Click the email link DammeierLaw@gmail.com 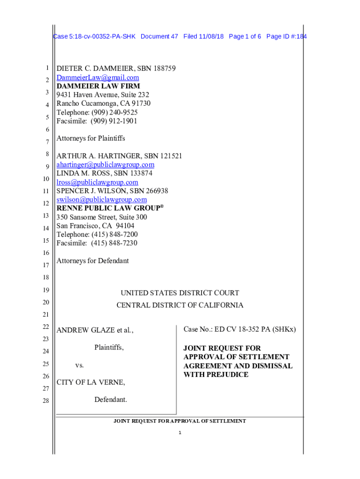pyautogui.click(x=98, y=78)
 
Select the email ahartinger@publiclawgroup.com pyautogui.click(x=105, y=165)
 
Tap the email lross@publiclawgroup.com pyautogui.click(x=97, y=182)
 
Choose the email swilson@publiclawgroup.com pyautogui.click(x=101, y=200)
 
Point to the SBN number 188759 pyautogui.click(x=160, y=69)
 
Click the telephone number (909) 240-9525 pyautogui.click(x=114, y=112)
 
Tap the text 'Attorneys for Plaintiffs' pyautogui.click(x=91, y=138)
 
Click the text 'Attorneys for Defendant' pyautogui.click(x=93, y=261)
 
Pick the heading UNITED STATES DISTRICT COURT pyautogui.click(x=180, y=293)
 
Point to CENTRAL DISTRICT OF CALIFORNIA pyautogui.click(x=180, y=305)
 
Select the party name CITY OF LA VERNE pyautogui.click(x=91, y=383)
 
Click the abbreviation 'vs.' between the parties pyautogui.click(x=80, y=365)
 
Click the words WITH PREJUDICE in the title pyautogui.click(x=216, y=375)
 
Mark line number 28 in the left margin pyautogui.click(x=46, y=401)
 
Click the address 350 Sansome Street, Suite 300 pyautogui.click(x=101, y=217)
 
